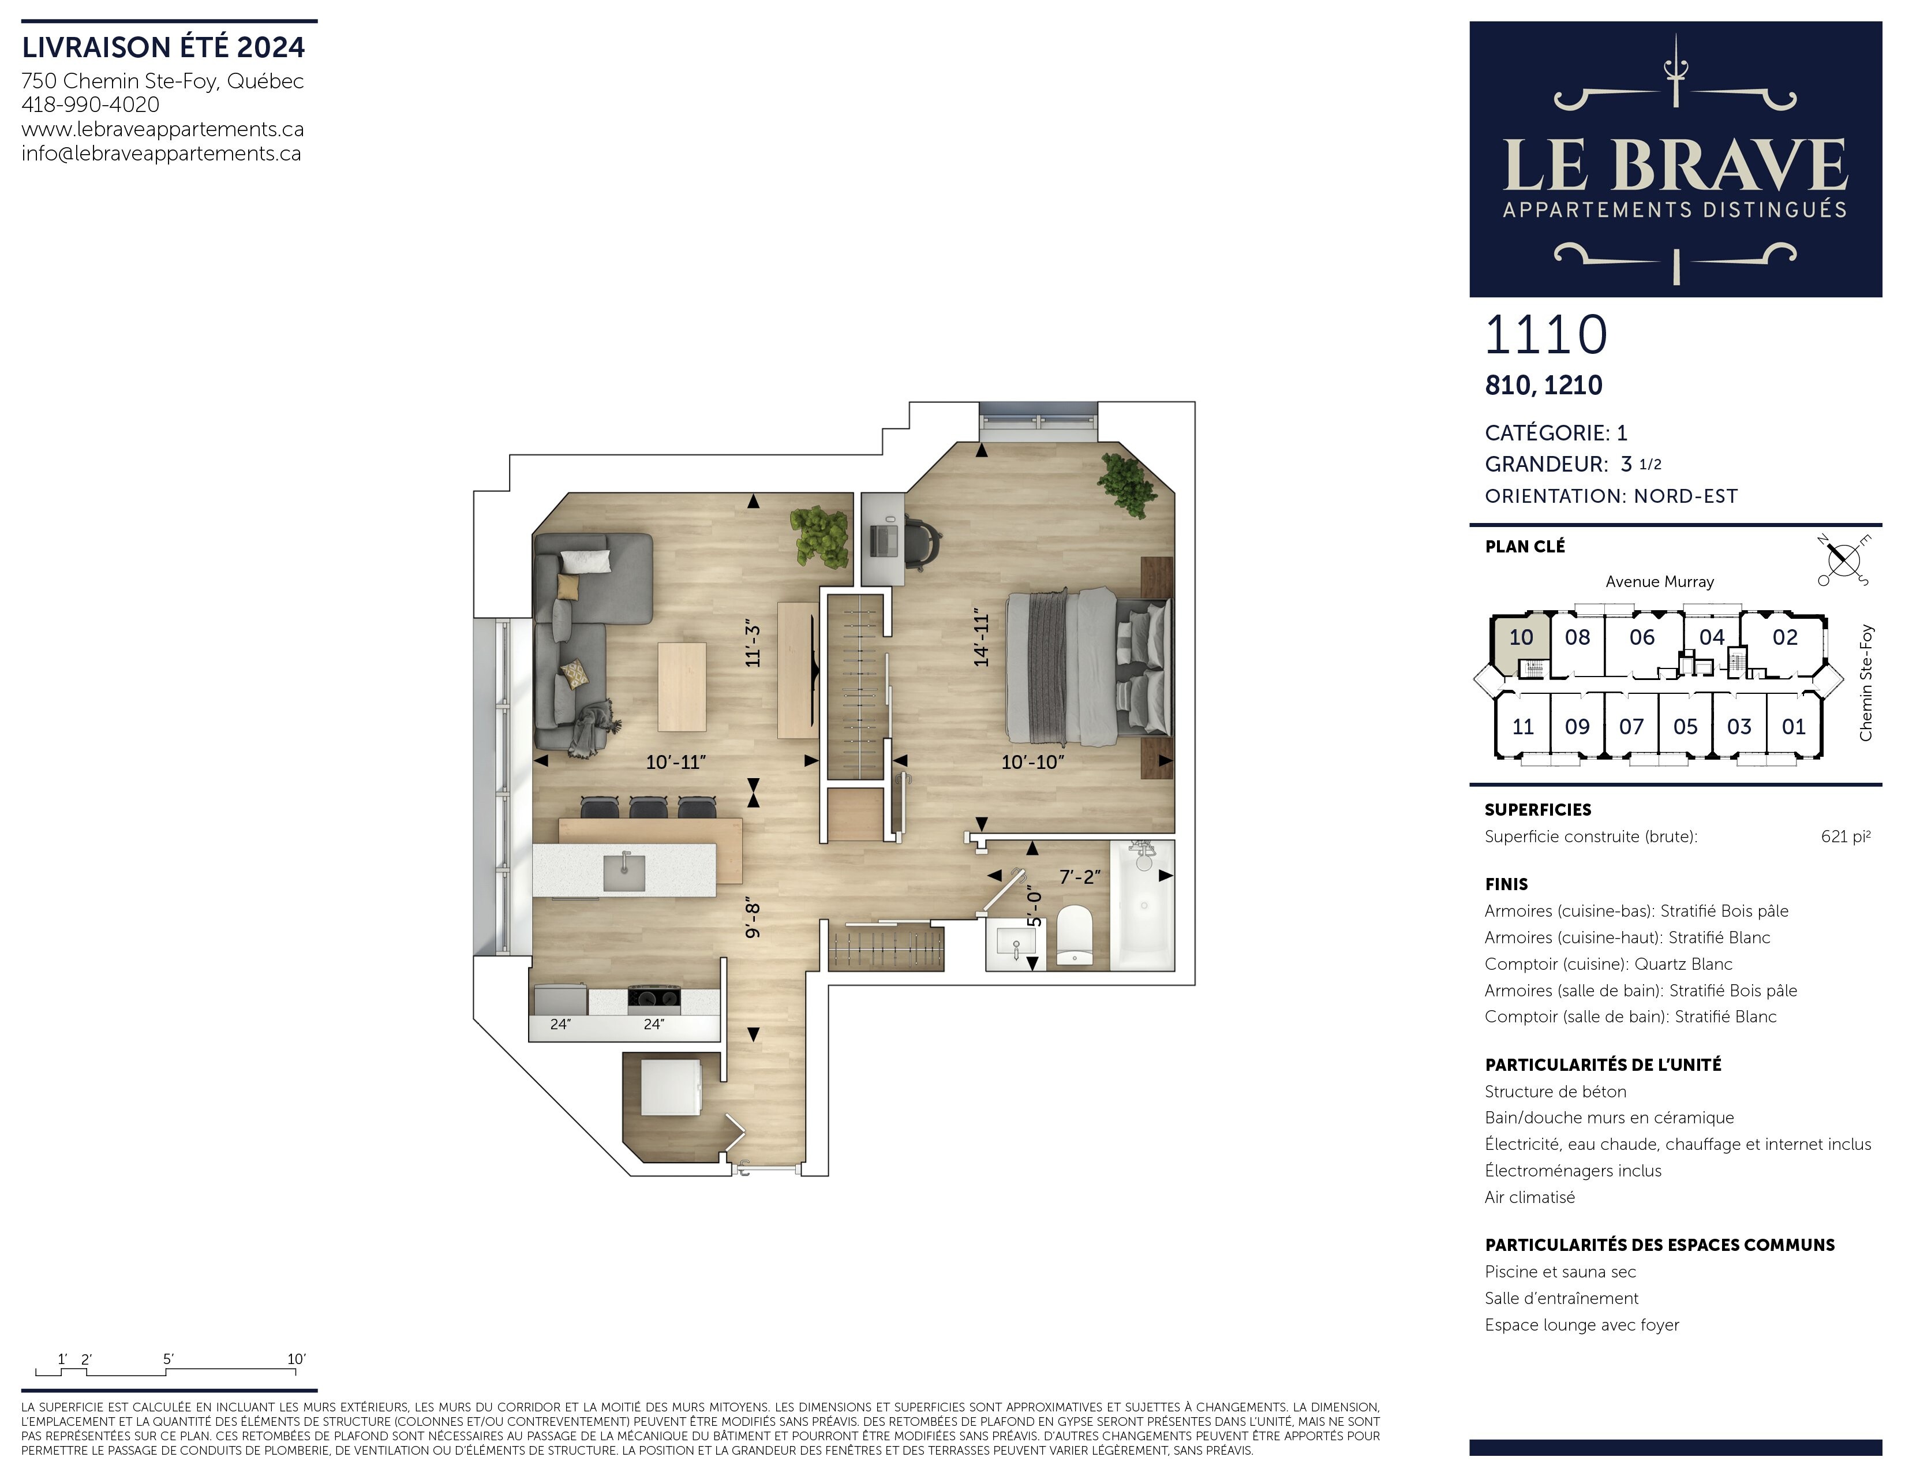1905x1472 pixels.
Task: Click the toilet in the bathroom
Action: pyautogui.click(x=1075, y=935)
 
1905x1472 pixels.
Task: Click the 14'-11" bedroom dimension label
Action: pyautogui.click(x=982, y=638)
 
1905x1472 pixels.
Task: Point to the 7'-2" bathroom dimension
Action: pyautogui.click(x=1080, y=877)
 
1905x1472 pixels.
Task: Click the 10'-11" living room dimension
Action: pyautogui.click(x=676, y=762)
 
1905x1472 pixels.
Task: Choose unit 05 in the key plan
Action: pyautogui.click(x=1685, y=727)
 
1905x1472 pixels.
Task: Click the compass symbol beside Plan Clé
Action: pyautogui.click(x=1843, y=559)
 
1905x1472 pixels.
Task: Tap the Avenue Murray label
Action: pyautogui.click(x=1660, y=582)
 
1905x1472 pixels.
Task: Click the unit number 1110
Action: pyautogui.click(x=1545, y=335)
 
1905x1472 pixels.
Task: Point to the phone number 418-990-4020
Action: pyautogui.click(x=91, y=104)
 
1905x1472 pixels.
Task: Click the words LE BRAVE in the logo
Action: pyautogui.click(x=1675, y=165)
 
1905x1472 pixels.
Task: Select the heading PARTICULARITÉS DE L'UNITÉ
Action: pyautogui.click(x=1603, y=1064)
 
